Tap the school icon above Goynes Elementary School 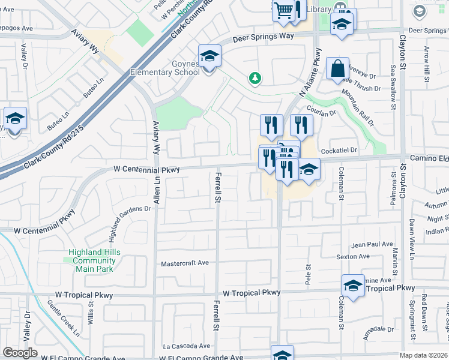209,57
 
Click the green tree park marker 256,78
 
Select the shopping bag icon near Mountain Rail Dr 338,69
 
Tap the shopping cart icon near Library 283,10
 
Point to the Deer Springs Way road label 264,37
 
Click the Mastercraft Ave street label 185,263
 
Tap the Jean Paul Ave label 372,245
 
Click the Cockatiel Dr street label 339,150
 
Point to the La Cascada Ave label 187,346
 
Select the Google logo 20,353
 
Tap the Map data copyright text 424,355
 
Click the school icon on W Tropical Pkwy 353,286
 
